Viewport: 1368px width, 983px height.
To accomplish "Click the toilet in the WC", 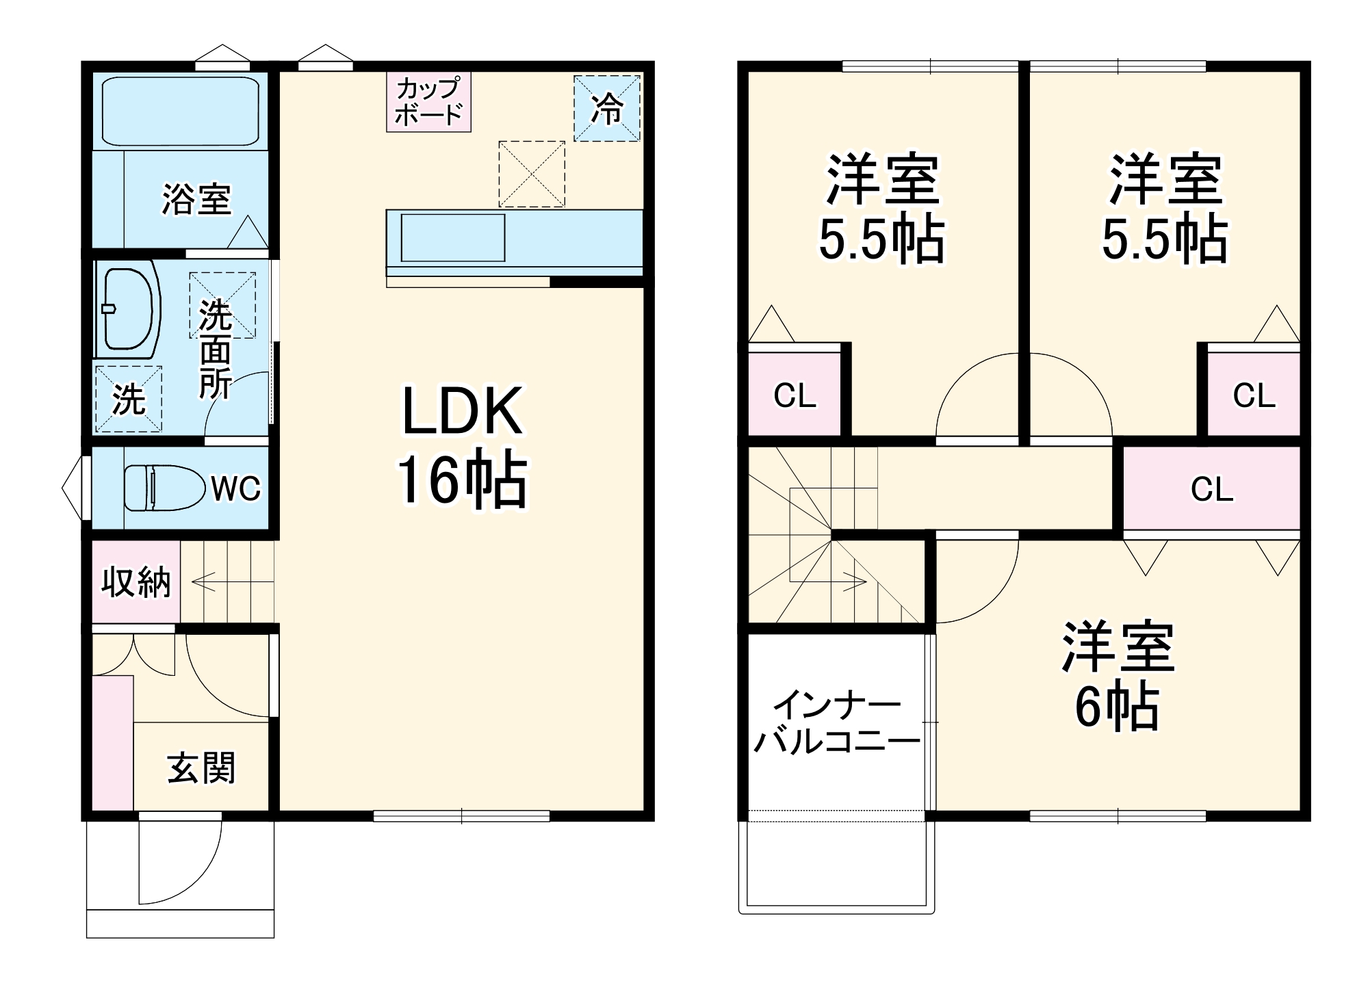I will coord(165,488).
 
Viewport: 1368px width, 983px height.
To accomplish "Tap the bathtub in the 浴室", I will coord(181,110).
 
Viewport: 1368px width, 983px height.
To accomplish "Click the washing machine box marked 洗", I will coord(129,399).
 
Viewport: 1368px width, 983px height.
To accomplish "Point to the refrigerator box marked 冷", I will coord(607,108).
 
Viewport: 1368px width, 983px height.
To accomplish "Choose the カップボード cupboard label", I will coord(429,102).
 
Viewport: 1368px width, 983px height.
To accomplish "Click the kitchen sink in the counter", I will coord(452,237).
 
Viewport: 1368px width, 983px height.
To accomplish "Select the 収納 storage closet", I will coord(135,582).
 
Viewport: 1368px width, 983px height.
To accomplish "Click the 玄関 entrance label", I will coord(201,768).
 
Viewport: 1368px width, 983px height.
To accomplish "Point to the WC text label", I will coord(235,488).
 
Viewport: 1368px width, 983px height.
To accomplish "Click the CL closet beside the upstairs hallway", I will coord(1211,488).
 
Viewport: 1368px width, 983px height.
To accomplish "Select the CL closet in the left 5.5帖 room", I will coord(795,395).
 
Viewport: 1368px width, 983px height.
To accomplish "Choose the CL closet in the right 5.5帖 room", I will coord(1254,395).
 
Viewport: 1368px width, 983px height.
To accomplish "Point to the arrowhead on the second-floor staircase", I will coord(859,582).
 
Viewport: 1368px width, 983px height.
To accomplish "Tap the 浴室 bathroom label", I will coord(196,199).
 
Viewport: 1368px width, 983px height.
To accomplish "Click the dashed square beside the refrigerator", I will coord(532,174).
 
